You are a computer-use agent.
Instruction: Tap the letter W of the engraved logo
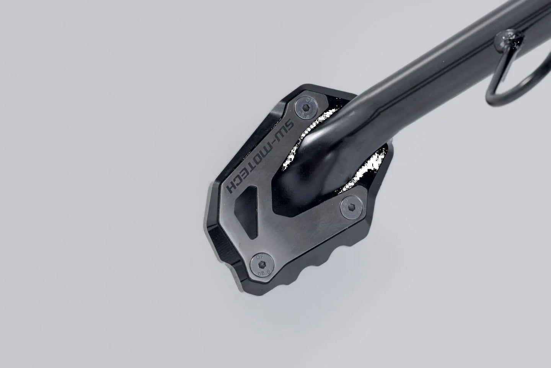click(281, 136)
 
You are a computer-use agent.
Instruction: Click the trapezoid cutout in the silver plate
click(249, 205)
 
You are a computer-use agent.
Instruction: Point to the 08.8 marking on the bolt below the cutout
click(260, 273)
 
